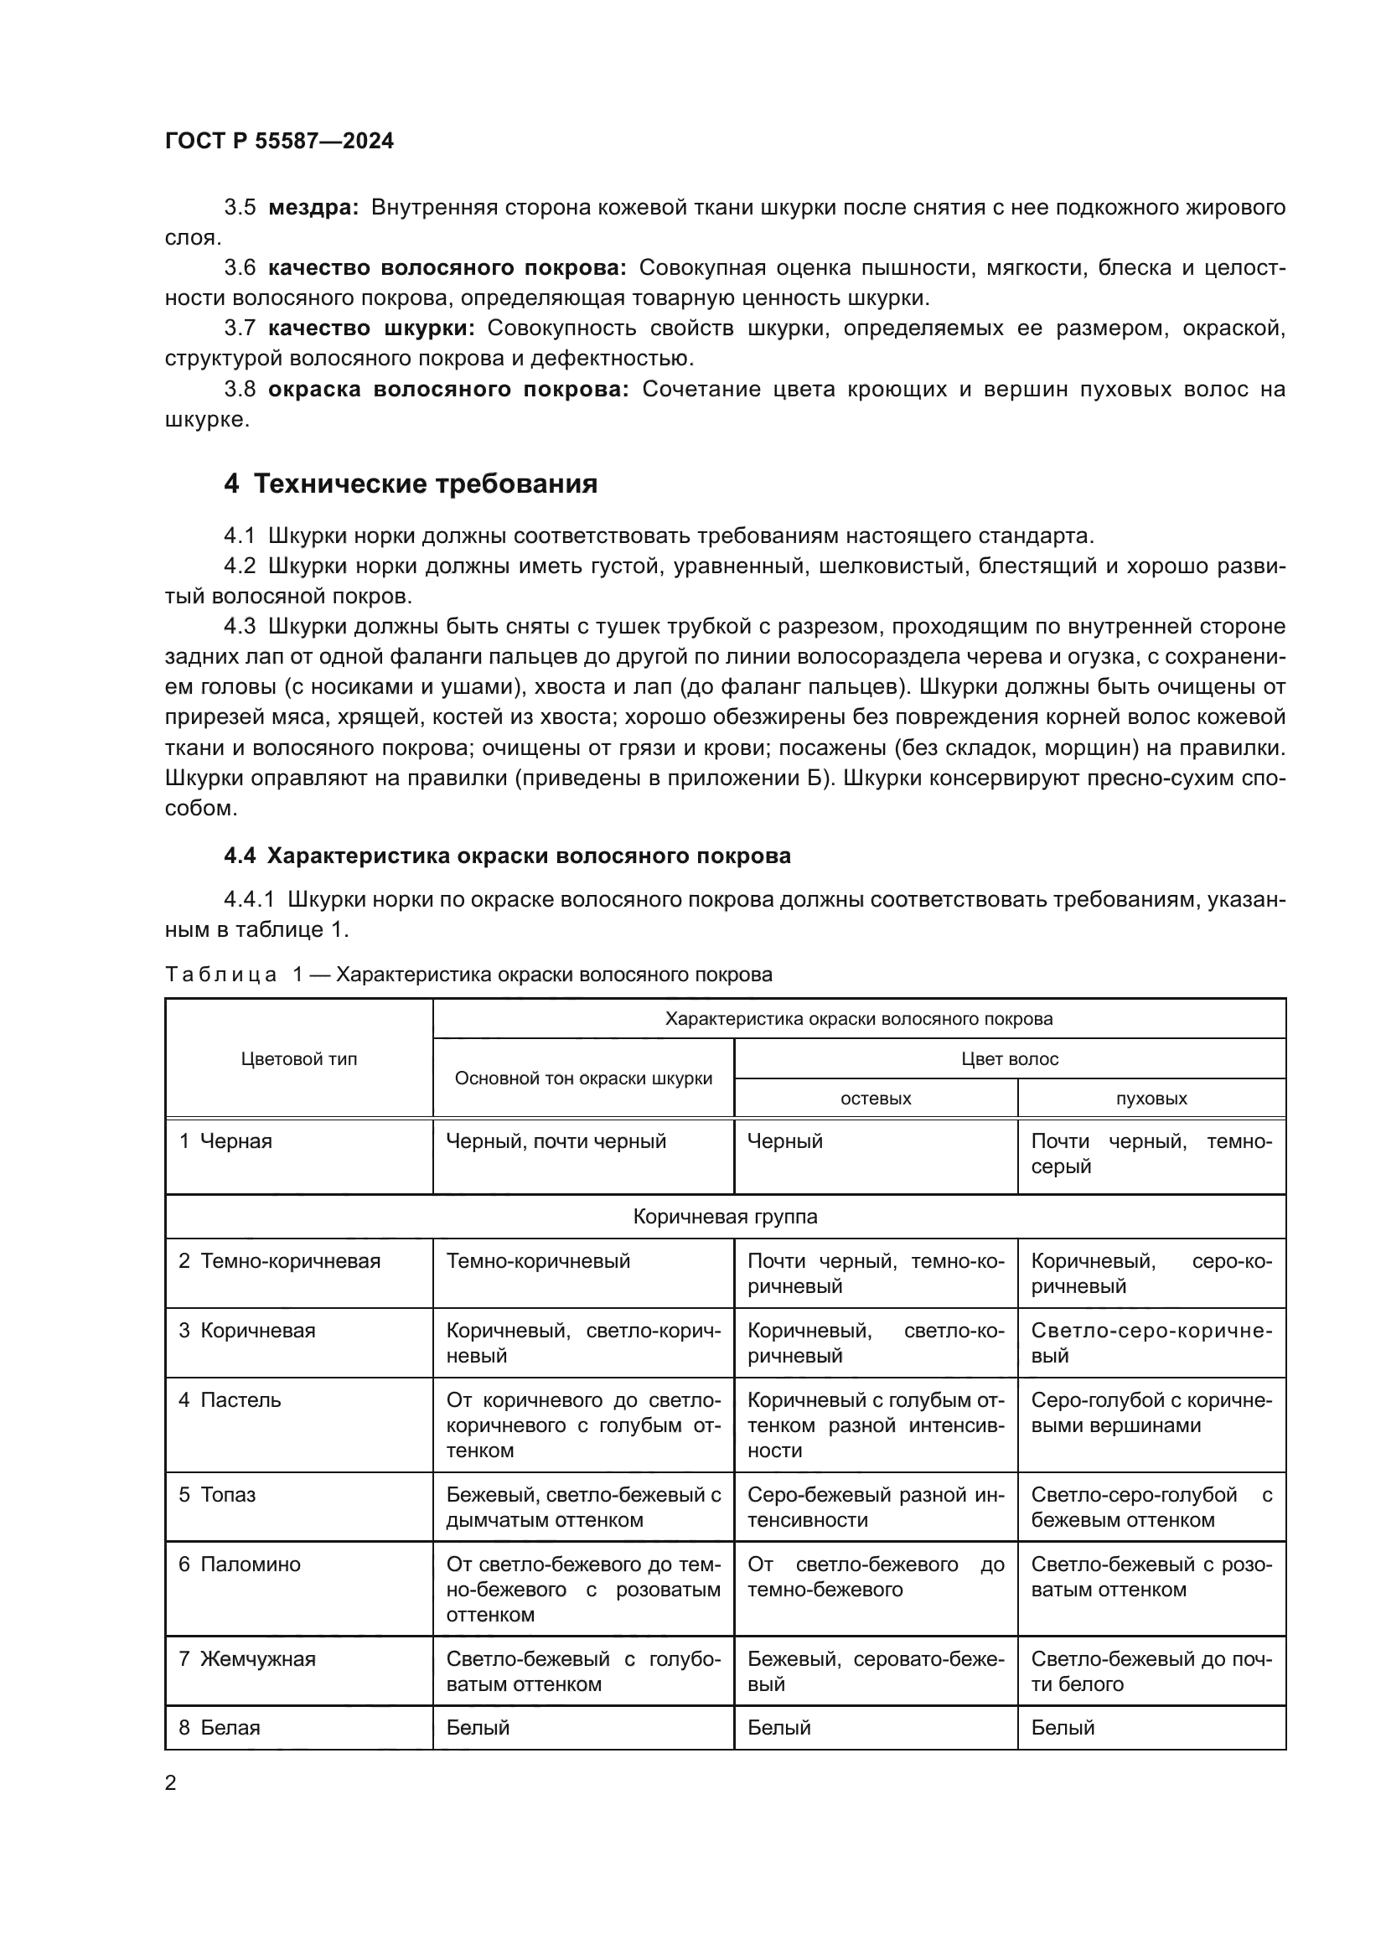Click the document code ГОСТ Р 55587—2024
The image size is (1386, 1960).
coord(279,141)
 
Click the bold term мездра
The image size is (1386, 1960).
coord(313,208)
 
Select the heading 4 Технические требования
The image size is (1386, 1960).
coord(411,484)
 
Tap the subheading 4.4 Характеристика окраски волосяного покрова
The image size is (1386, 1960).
coord(507,856)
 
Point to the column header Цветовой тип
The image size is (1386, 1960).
coord(298,1058)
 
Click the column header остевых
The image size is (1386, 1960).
coord(876,1099)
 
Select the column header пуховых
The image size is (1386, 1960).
coord(1151,1099)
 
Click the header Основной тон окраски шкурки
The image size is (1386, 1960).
coord(583,1078)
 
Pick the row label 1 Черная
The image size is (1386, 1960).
coord(225,1141)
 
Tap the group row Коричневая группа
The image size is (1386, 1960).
coord(725,1217)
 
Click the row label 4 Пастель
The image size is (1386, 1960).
coord(230,1400)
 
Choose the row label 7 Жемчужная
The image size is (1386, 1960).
coord(246,1658)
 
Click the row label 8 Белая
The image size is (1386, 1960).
coord(219,1728)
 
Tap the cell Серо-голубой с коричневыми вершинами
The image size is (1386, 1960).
coord(1151,1413)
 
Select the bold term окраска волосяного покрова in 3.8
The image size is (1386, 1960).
coord(448,390)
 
